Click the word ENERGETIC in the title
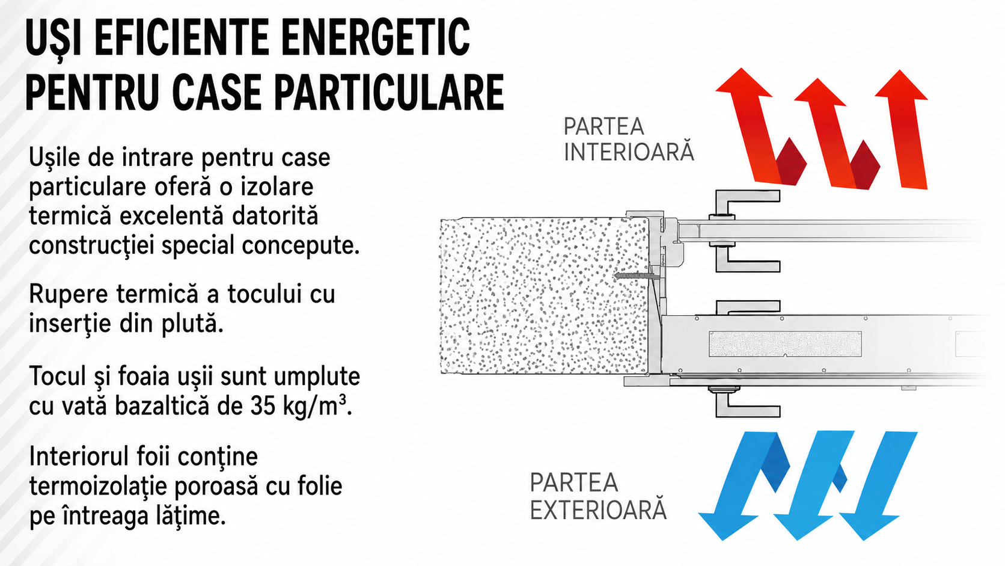pos(376,37)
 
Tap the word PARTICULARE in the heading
pos(388,93)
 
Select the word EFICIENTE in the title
pos(182,37)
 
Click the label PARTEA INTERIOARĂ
pos(628,139)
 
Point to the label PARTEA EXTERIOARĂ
pos(597,496)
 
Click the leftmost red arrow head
pos(743,82)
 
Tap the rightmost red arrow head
pos(901,85)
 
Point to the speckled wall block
pos(544,297)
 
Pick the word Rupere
pos(68,295)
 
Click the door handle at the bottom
pos(744,401)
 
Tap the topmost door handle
pos(745,205)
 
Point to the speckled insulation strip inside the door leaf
pos(785,344)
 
